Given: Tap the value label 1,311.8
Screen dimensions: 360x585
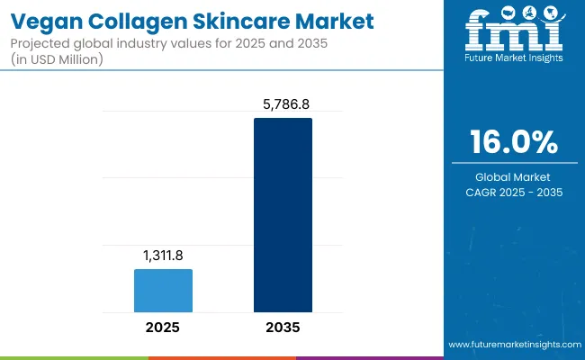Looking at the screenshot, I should (163, 256).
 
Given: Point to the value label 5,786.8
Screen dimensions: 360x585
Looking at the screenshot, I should (283, 104).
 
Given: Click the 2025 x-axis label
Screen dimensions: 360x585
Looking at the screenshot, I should (163, 327).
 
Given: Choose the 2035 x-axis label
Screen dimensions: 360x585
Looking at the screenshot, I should (283, 327).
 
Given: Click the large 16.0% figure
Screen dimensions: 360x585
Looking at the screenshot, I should (514, 141).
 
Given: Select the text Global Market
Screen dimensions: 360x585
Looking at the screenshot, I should (513, 177).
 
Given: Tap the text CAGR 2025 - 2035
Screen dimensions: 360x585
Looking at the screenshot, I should (513, 193).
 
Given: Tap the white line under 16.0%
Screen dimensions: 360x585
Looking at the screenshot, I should (513, 162).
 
